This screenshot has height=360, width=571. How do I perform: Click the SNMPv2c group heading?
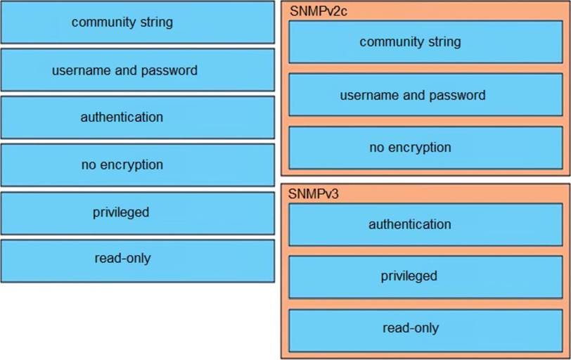(x=314, y=11)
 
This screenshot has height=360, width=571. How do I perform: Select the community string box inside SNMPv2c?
(x=410, y=42)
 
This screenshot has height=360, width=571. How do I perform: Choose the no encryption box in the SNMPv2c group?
(x=410, y=148)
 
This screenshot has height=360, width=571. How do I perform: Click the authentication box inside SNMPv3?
(x=410, y=225)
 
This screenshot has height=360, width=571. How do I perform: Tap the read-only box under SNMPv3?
(x=410, y=328)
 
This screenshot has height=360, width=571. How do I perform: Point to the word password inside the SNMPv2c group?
(x=457, y=95)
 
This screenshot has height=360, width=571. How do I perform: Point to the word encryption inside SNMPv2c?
(x=420, y=148)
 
